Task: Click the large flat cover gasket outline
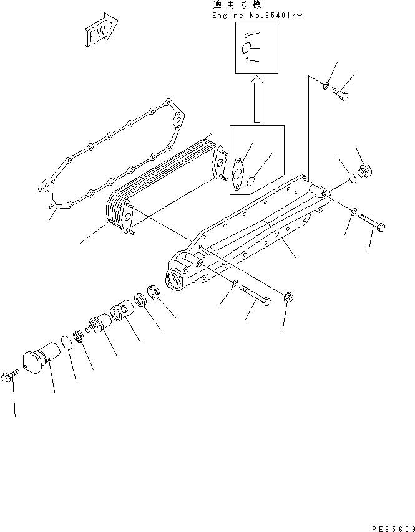tap(112, 156)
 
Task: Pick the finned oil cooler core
tap(165, 187)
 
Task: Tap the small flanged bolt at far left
tap(11, 376)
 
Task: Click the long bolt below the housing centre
tap(256, 294)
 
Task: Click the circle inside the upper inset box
tap(246, 47)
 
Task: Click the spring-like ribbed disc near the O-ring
tap(79, 336)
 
